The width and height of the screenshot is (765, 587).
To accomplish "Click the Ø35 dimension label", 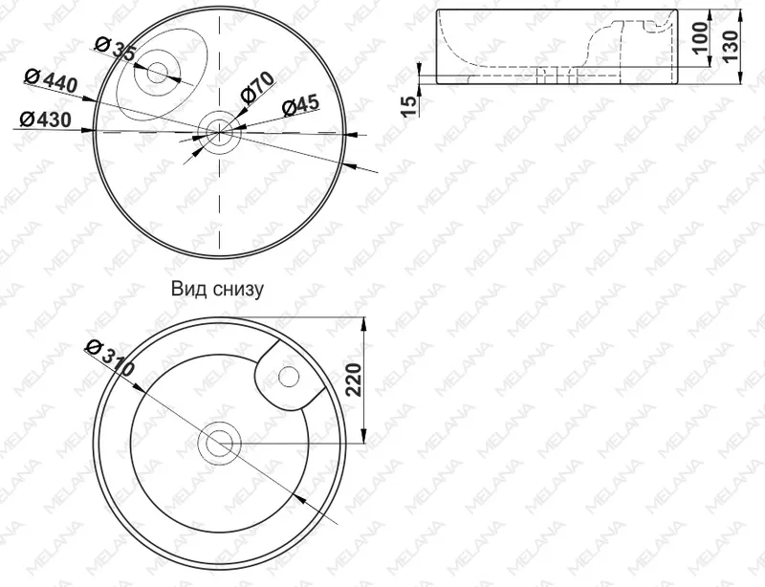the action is click(116, 49).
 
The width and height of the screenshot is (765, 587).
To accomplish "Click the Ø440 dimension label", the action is click(51, 80).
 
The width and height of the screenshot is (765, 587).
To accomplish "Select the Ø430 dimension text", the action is click(45, 120).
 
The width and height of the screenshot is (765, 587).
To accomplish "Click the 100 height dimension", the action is click(701, 38).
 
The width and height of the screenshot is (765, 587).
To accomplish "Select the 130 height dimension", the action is click(731, 46).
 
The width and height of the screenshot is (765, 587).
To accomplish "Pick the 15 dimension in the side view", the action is click(411, 106).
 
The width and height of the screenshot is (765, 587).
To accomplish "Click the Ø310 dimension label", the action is click(109, 359).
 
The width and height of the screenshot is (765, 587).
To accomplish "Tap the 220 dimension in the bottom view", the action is click(353, 380).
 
